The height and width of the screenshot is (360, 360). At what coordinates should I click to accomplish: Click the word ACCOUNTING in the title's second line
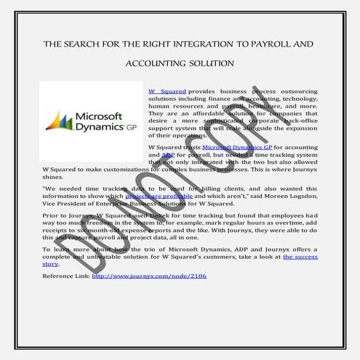(x=153, y=63)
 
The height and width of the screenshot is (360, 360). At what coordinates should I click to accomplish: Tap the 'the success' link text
(x=300, y=257)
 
